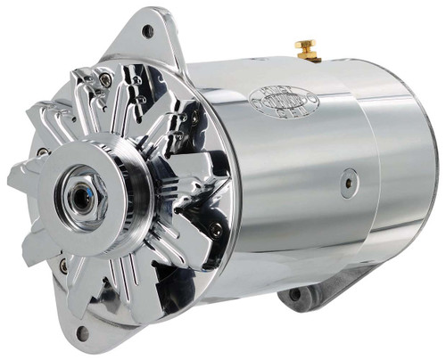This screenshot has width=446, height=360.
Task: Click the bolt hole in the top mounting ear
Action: pos(147,32)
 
